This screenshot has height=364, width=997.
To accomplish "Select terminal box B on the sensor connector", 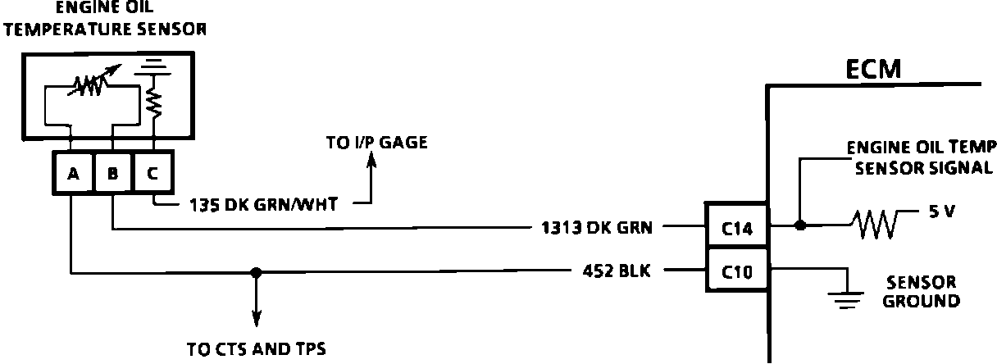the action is (x=112, y=174).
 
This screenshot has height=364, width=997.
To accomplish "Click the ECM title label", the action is (x=873, y=71).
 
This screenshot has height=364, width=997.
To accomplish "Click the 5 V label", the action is (x=942, y=212).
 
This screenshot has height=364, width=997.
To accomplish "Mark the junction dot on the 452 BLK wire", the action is (x=256, y=272).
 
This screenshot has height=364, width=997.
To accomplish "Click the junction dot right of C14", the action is (x=799, y=224).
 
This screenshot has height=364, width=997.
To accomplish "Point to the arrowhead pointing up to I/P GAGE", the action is (x=370, y=165).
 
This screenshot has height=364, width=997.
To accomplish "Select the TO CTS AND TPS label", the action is (x=257, y=350).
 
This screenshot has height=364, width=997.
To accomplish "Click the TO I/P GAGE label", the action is (x=376, y=143).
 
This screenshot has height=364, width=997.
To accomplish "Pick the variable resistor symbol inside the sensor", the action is (x=90, y=84).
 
